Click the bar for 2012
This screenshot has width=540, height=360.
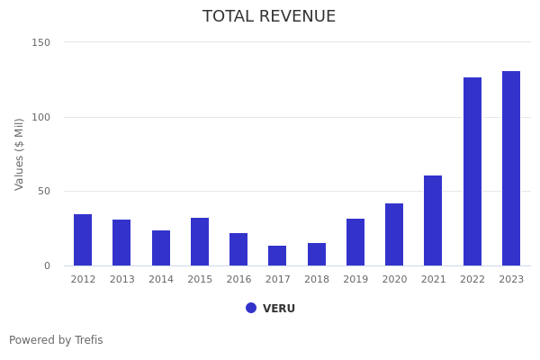coord(83,239)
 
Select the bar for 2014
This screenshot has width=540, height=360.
coord(161,247)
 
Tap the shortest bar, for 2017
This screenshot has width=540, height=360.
coord(277,256)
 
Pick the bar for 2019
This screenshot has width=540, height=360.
coord(355,242)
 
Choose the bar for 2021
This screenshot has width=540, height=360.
coord(433,220)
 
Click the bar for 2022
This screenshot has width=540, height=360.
coord(472,171)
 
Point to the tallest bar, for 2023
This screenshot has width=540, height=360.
coord(511,168)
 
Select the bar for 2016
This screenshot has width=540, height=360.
coord(238,249)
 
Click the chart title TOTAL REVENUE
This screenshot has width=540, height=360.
coord(269,17)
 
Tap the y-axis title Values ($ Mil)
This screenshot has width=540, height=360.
coord(20,154)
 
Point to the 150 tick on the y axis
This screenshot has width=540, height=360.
coord(44,42)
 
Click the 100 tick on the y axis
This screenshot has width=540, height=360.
coord(44,117)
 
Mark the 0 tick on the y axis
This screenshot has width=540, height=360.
coord(48,265)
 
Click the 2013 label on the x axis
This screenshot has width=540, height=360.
coord(121,280)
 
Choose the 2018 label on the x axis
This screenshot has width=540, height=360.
coord(317,280)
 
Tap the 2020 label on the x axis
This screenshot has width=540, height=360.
coord(394,280)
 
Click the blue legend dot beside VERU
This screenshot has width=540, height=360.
coord(251,308)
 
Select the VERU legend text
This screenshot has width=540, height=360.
coord(279,309)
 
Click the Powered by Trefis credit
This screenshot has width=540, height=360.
coord(56,340)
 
